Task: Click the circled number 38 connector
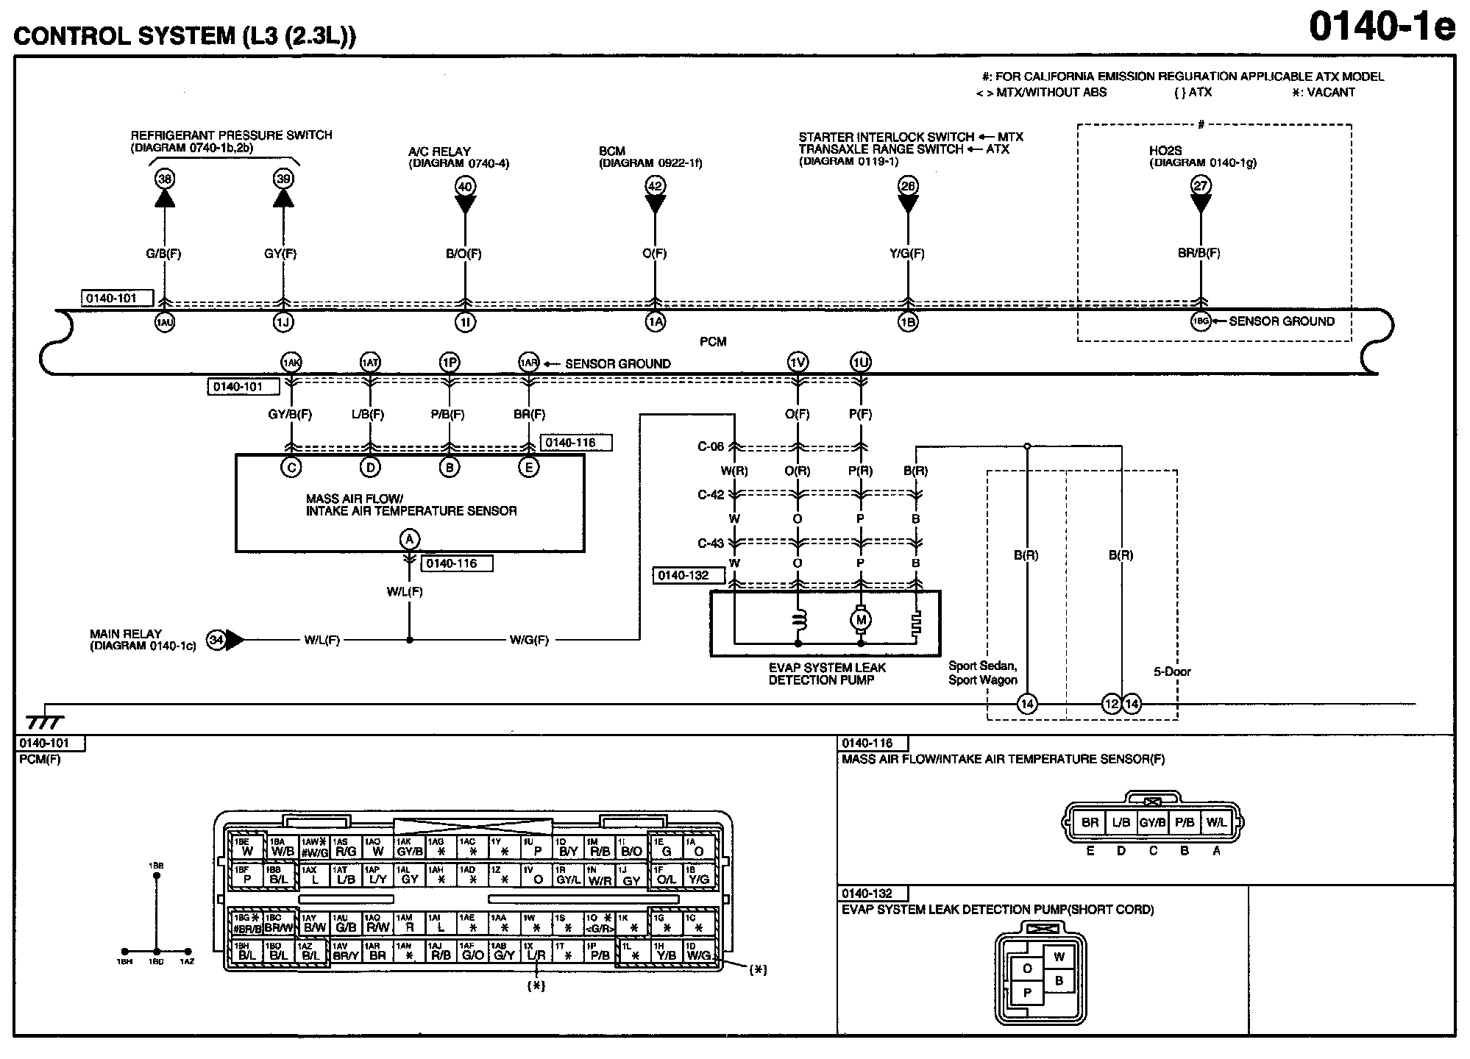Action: pos(165,178)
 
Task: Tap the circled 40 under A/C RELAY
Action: pos(465,186)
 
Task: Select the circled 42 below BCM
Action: pos(655,186)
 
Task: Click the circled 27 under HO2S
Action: pos(1201,185)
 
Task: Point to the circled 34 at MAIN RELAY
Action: pos(216,640)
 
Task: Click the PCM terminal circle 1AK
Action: pos(291,362)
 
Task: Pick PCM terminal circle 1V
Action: pos(798,362)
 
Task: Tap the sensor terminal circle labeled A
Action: pos(410,539)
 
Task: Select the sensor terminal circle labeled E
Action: pos(528,467)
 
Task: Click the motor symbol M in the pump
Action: pos(861,620)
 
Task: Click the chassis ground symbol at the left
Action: pos(44,721)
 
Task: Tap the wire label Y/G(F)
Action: pos(907,254)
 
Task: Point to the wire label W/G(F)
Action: pos(529,640)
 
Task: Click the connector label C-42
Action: pos(711,495)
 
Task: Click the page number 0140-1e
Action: pos(1382,28)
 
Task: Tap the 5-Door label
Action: pos(1172,671)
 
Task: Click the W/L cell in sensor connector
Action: pos(1216,822)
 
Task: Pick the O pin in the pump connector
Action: pos(1027,968)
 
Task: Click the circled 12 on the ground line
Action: pos(1111,705)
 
